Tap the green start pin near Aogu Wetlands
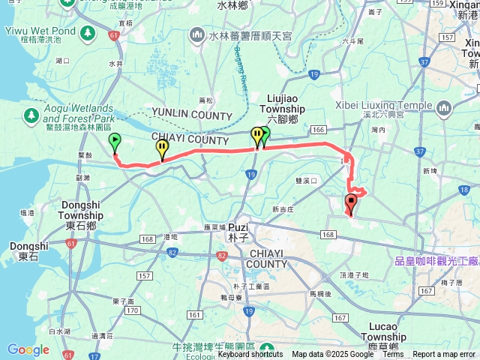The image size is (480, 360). (115, 142)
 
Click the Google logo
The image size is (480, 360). (28, 349)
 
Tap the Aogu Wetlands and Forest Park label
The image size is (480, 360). (78, 113)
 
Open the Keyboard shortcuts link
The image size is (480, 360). (250, 355)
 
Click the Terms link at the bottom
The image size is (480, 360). (393, 355)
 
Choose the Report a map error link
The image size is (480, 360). (444, 355)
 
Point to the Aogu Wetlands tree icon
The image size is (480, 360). (31, 115)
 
